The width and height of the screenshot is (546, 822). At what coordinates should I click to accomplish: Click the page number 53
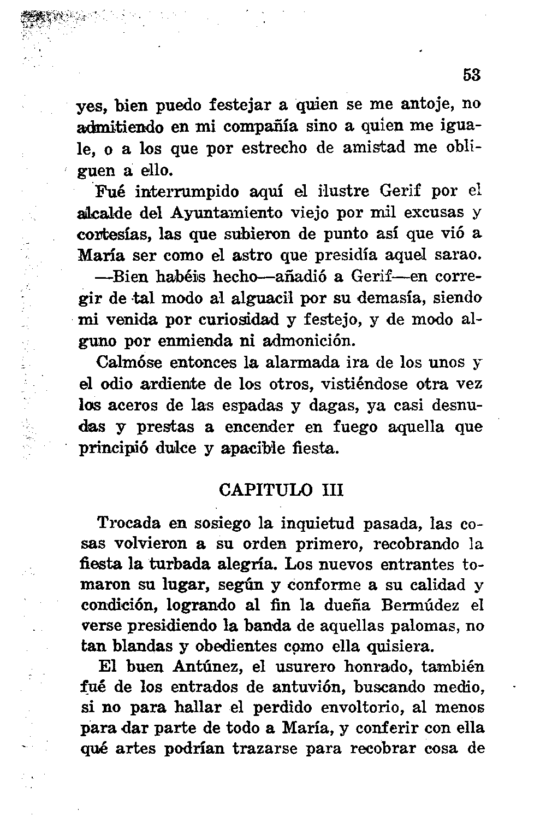(x=472, y=75)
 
